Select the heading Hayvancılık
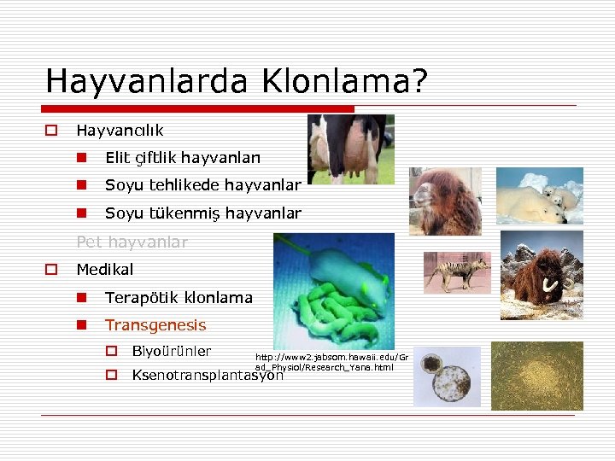pyautogui.click(x=120, y=131)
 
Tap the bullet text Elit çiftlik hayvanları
pyautogui.click(x=183, y=158)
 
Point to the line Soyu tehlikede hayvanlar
pyautogui.click(x=202, y=185)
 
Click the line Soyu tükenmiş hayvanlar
pyautogui.click(x=202, y=213)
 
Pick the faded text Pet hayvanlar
pyautogui.click(x=132, y=242)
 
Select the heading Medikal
pyautogui.click(x=105, y=270)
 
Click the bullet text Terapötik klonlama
pyautogui.click(x=179, y=298)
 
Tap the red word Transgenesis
pyautogui.click(x=155, y=325)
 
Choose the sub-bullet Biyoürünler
pyautogui.click(x=172, y=352)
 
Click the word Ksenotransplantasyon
pyautogui.click(x=208, y=375)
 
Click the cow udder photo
pyautogui.click(x=350, y=149)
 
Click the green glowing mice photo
pyautogui.click(x=334, y=290)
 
